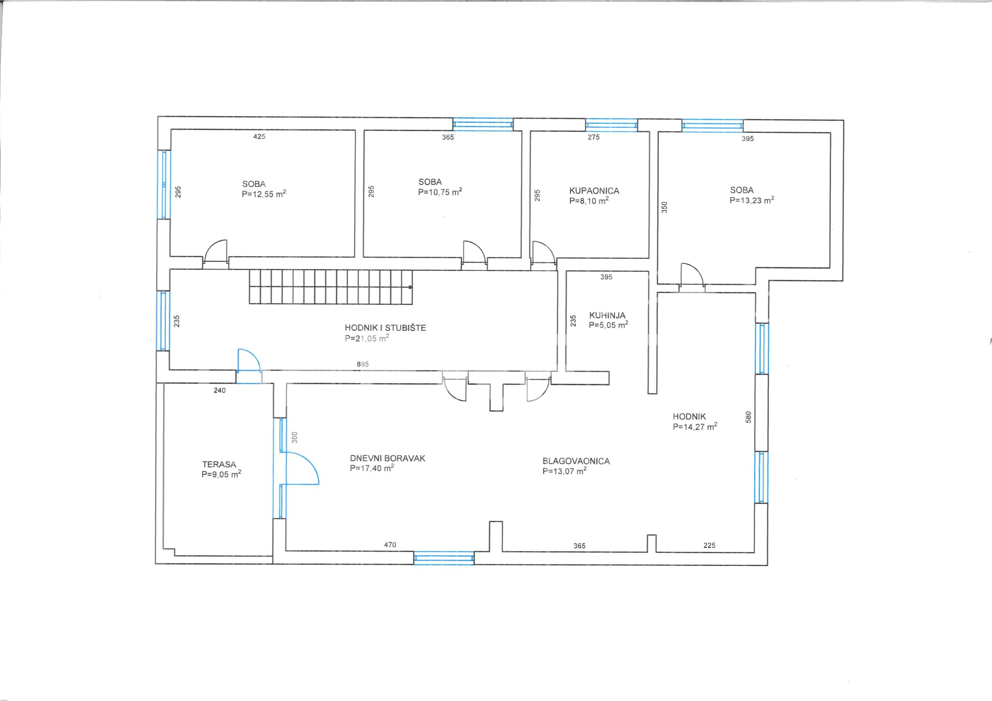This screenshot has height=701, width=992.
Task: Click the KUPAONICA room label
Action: click(594, 191)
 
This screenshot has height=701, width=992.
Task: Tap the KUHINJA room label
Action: click(607, 316)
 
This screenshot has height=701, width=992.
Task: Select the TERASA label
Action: click(219, 464)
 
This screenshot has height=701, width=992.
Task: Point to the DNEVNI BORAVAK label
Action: click(387, 458)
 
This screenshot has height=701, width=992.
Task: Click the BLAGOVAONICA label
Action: click(576, 461)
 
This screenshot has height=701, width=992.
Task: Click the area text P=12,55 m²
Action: click(263, 194)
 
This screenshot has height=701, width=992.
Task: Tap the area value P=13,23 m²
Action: click(752, 200)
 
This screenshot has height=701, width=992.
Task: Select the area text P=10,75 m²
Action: click(440, 192)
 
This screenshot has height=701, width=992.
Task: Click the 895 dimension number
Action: click(363, 364)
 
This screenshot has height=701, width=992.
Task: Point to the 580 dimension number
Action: click(749, 417)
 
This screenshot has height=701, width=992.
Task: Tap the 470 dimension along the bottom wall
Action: click(390, 545)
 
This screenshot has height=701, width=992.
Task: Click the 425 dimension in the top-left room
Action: click(259, 136)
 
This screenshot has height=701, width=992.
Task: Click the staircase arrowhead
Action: click(410, 287)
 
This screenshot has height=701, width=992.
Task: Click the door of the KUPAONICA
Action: click(544, 252)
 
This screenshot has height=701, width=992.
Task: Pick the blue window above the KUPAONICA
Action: click(611, 125)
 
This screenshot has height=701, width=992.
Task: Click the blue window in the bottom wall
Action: click(444, 558)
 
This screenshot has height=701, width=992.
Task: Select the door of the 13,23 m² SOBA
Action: click(692, 275)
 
